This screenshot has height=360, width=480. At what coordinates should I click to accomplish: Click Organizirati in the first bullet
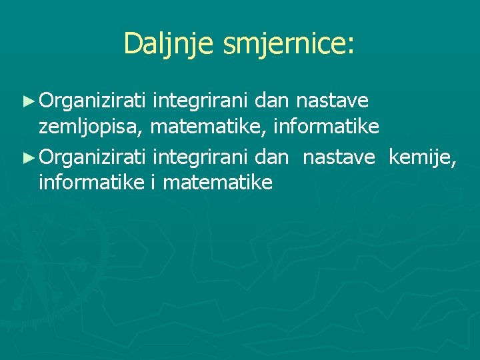tap(93, 101)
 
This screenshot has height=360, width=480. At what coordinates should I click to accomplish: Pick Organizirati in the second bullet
tap(93, 157)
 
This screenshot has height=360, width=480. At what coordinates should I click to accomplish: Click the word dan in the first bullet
tap(271, 101)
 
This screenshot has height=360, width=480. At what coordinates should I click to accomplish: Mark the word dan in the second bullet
tap(271, 157)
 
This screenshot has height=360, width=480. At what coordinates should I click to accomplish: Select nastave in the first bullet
tap(331, 101)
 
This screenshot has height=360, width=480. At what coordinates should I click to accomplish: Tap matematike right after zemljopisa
tap(207, 126)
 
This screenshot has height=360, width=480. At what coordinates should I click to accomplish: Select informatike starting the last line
tap(89, 182)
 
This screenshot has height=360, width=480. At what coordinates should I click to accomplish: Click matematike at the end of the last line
tap(217, 182)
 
